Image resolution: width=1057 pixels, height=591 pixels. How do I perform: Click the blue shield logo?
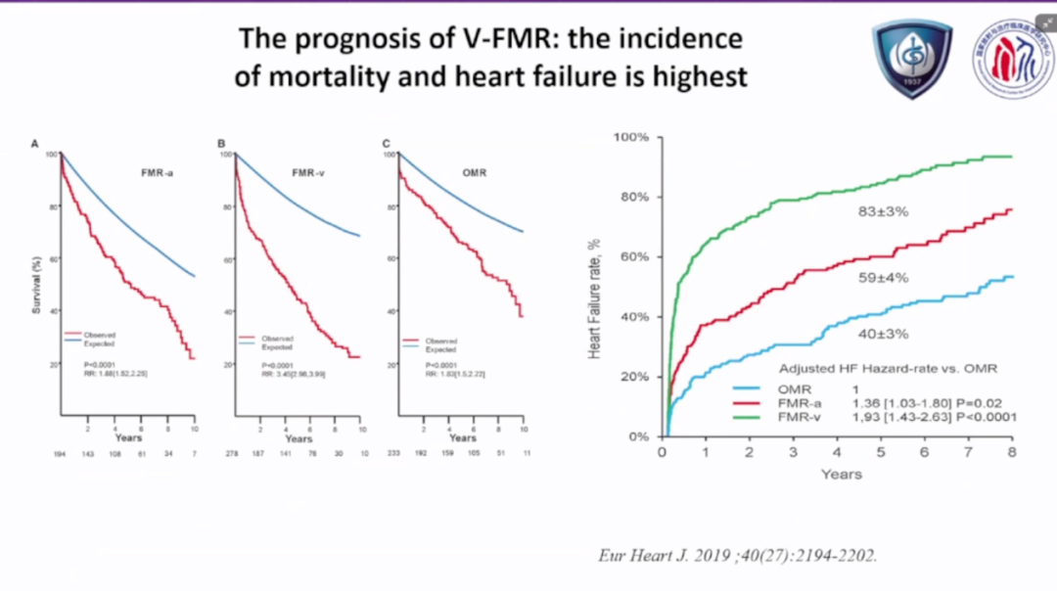(911, 60)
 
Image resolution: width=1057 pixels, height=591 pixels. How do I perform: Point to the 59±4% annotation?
(883, 278)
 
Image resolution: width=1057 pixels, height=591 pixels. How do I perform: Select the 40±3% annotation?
(883, 334)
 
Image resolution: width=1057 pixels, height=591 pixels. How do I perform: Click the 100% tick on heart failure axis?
(631, 137)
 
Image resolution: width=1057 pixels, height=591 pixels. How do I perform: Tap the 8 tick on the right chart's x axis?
(1012, 452)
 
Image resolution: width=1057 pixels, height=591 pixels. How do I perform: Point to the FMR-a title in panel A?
(156, 173)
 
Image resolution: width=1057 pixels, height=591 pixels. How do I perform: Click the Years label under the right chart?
(842, 475)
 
